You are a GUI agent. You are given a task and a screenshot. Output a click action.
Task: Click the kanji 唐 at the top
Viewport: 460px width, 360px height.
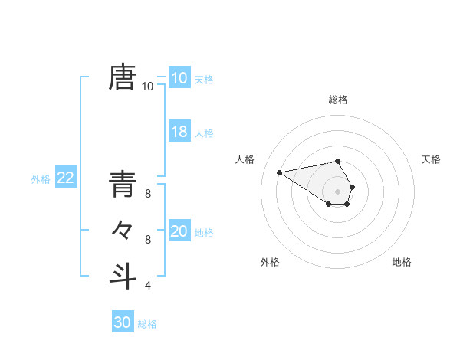pos(123,77)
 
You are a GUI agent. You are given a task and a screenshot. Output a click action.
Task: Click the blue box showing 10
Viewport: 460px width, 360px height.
pos(179,78)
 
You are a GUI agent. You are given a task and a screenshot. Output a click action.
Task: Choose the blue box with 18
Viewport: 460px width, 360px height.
pos(179,132)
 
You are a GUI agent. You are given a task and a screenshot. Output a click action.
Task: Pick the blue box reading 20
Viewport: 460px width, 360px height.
pos(179,231)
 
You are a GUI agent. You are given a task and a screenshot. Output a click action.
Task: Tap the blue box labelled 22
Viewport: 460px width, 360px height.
pos(65,178)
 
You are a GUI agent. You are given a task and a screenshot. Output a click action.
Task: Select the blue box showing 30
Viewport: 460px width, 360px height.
pos(122,322)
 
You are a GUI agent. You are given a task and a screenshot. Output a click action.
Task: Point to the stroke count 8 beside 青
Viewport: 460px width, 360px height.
pos(147,195)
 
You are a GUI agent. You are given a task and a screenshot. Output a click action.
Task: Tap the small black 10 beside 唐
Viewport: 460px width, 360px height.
pos(147,87)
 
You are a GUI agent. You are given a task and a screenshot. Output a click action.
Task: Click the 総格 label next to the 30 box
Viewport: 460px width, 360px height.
pos(147,324)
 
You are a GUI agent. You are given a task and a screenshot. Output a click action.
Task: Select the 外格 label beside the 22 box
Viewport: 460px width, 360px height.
pos(41,179)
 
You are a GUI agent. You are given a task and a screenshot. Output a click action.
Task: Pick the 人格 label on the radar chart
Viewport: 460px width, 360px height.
pos(245,159)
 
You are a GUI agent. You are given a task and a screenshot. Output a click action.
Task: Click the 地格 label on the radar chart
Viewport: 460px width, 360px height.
pos(402,262)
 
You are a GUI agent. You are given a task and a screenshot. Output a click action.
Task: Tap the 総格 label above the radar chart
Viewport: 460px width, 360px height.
pos(338,100)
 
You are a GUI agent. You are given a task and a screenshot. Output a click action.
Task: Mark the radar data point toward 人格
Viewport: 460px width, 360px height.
pos(279,172)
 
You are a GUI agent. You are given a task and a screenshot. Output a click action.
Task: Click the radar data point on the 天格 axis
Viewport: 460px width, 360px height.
pos(352,187)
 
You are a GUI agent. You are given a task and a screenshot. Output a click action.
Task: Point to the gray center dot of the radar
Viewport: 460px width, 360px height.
pos(338,191)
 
